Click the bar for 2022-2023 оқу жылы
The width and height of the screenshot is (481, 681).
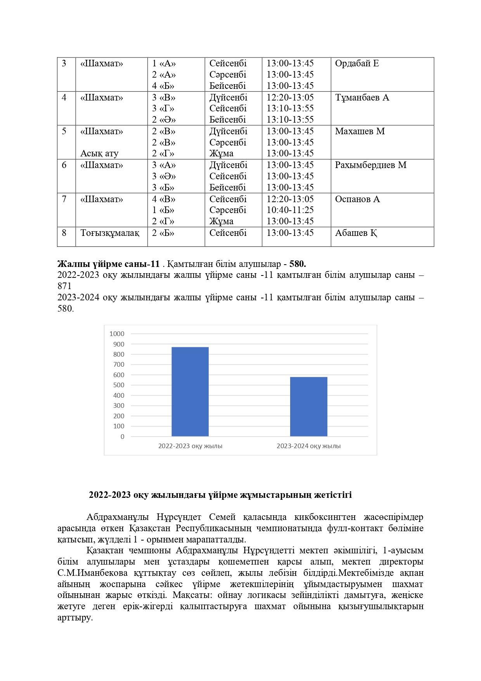click(x=190, y=392)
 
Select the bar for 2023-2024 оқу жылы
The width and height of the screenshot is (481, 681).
click(x=308, y=406)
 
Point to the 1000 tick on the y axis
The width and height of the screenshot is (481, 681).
click(x=117, y=334)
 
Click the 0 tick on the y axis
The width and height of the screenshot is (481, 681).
click(x=122, y=437)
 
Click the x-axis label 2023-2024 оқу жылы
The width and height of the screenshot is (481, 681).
click(x=308, y=446)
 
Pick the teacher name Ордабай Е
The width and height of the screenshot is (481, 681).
click(x=356, y=64)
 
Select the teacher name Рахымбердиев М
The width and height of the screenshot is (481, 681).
click(x=370, y=165)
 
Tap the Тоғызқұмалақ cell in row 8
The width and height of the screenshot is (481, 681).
click(x=110, y=233)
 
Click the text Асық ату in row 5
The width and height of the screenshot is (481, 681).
click(x=99, y=153)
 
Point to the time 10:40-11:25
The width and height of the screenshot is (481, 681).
click(x=290, y=210)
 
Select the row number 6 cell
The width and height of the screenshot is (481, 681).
click(x=64, y=165)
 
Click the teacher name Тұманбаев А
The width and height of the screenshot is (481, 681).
click(x=362, y=97)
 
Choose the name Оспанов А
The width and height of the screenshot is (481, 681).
click(x=357, y=199)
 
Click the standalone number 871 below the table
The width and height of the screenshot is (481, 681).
click(x=64, y=286)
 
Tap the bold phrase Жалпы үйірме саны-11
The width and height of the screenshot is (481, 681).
click(x=108, y=264)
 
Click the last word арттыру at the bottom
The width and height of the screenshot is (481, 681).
click(x=74, y=618)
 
